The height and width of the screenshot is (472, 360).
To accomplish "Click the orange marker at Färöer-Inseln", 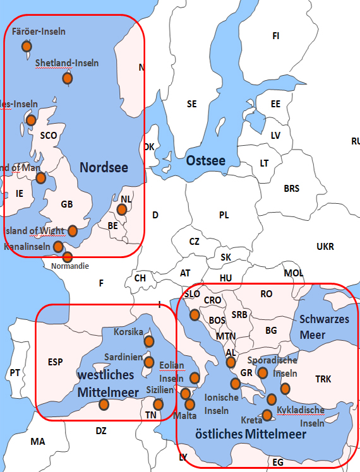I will coord(27,46).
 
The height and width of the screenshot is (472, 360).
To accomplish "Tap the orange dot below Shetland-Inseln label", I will coord(68,78).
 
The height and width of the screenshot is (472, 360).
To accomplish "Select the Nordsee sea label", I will coord(104,168).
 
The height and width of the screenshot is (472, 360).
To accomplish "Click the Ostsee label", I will coord(206,161).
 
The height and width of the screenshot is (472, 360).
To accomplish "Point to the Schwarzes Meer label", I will coord(324,327).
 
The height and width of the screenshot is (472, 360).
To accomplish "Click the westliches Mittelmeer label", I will coord(108,383).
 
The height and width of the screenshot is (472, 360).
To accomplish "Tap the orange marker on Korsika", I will coord(149,341).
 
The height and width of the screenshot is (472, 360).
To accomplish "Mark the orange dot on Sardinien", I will coord(149,362).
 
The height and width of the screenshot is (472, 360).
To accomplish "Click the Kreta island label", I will coord(251,420).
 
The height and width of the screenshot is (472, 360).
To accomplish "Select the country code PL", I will coord(224,215).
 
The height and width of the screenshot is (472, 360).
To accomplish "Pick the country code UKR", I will coord(325,246).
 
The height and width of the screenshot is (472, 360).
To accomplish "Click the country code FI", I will coord(275,36).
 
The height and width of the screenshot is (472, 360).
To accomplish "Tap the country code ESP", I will coord(56,362).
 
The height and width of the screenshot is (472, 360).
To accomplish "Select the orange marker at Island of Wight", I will coord(73,230).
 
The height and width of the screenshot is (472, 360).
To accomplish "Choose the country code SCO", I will coord(49,135).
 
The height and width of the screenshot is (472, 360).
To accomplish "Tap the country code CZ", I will coord(195,241).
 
